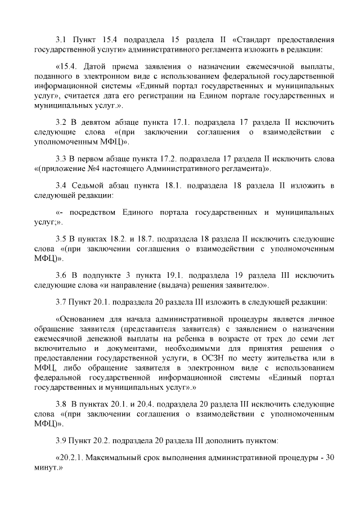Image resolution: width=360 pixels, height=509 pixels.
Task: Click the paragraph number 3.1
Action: [61, 40]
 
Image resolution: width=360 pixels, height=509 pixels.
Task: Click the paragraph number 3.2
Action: [61, 122]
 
